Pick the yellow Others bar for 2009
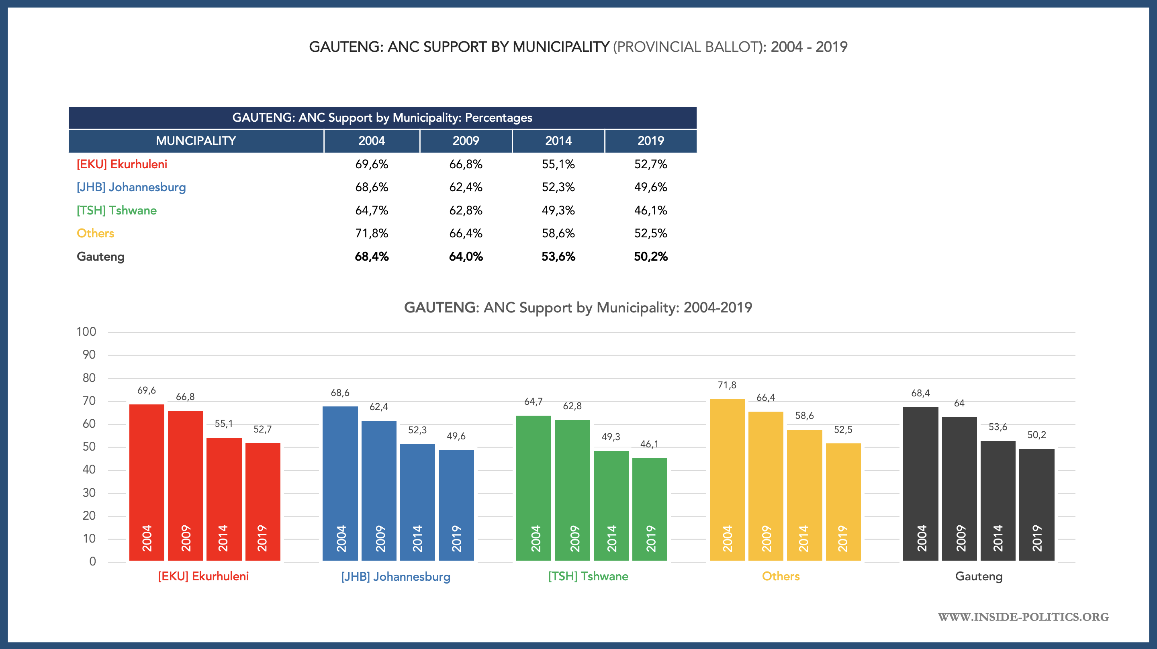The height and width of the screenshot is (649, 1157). point(766,485)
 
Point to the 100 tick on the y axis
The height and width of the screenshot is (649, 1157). point(86,332)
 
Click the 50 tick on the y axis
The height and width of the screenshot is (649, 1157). point(89,447)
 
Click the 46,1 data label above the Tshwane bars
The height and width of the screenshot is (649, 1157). point(649,444)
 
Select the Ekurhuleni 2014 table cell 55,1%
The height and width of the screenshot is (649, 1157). point(558,164)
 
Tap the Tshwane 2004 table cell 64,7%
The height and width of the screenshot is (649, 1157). point(372,210)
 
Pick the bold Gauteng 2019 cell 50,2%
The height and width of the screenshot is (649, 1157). point(650,257)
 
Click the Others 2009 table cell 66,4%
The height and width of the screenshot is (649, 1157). point(466,233)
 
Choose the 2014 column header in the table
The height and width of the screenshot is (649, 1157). point(558,141)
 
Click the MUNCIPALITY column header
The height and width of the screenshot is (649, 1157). point(196,141)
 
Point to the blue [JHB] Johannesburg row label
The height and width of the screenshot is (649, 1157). point(131,187)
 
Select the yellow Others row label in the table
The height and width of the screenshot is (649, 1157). point(95,233)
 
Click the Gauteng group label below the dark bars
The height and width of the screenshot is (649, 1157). point(979,576)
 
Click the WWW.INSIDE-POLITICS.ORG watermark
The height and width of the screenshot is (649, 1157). point(1023,616)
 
